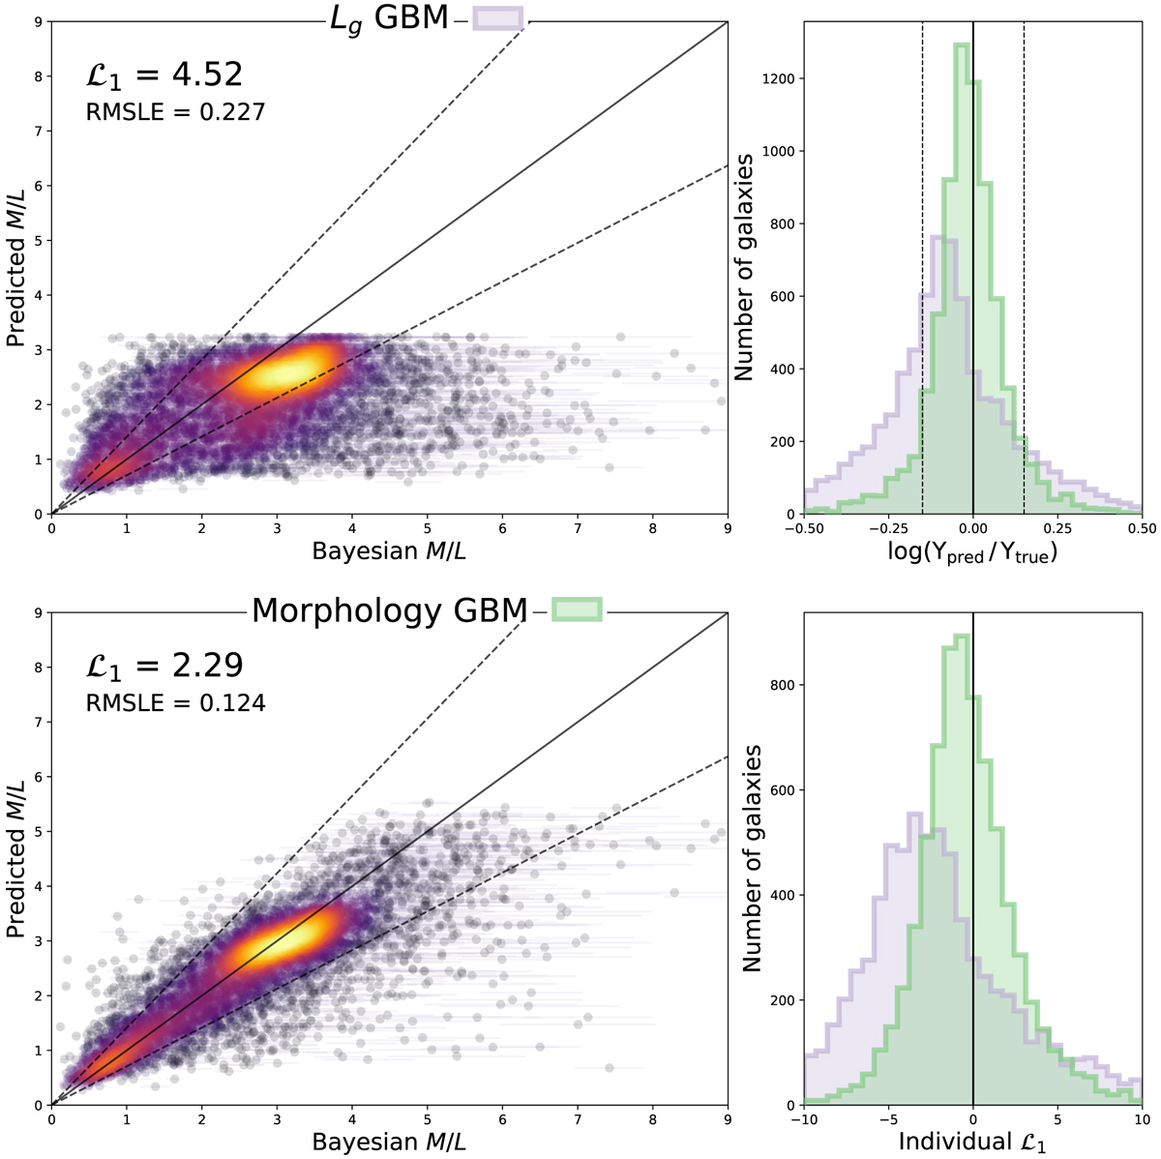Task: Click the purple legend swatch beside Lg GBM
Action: pyautogui.click(x=498, y=18)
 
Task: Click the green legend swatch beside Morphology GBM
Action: pyautogui.click(x=577, y=609)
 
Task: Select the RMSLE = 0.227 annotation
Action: pyautogui.click(x=176, y=113)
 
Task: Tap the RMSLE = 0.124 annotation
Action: pyautogui.click(x=176, y=703)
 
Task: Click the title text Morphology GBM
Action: pyautogui.click(x=390, y=610)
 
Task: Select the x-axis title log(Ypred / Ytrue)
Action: pyautogui.click(x=972, y=554)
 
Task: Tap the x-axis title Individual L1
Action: pyautogui.click(x=972, y=1142)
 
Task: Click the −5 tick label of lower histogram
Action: pyautogui.click(x=888, y=1119)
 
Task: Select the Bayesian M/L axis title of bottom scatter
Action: pyautogui.click(x=388, y=1142)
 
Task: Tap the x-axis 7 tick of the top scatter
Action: pyautogui.click(x=578, y=529)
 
